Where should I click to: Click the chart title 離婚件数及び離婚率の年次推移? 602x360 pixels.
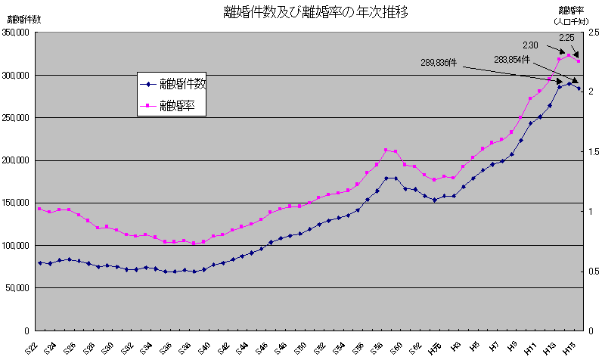pyautogui.click(x=316, y=12)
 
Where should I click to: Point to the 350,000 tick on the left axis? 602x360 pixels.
pyautogui.click(x=15, y=33)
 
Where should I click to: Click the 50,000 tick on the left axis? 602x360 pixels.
pyautogui.click(x=17, y=288)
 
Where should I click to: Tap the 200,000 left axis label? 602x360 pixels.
pyautogui.click(x=15, y=161)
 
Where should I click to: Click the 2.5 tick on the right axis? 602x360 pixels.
pyautogui.click(x=592, y=33)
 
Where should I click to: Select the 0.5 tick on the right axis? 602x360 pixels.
pyautogui.click(x=592, y=272)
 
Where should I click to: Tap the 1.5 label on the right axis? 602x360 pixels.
pyautogui.click(x=592, y=152)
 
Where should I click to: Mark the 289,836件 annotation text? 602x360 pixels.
pyautogui.click(x=439, y=64)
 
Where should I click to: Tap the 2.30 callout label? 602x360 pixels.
pyautogui.click(x=530, y=45)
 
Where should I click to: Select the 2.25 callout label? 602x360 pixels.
pyautogui.click(x=566, y=37)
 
